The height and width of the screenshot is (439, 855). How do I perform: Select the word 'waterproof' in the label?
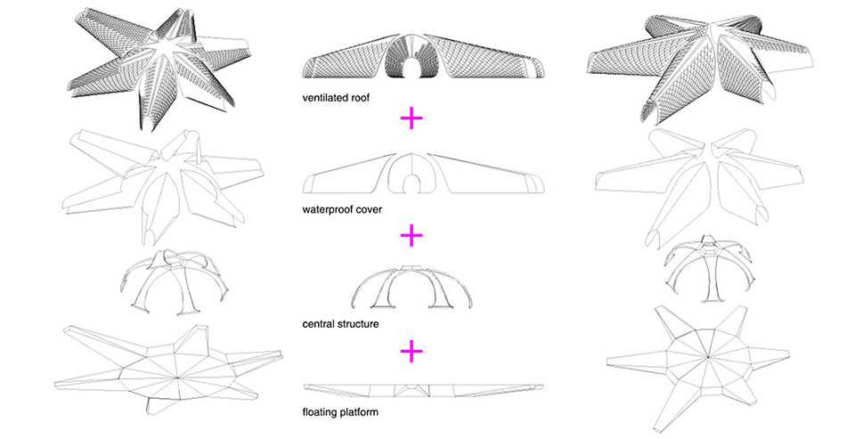coord(330,210)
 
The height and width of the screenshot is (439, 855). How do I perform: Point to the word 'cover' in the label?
coord(372,210)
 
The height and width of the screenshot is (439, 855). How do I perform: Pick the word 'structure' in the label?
coord(359,325)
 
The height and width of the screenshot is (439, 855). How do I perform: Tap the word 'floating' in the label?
coord(322,413)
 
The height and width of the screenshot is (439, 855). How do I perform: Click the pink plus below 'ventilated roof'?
coord(410,118)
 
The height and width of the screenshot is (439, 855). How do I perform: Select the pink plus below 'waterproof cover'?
coord(410,235)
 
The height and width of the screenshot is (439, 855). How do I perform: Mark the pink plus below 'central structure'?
coord(410,352)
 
